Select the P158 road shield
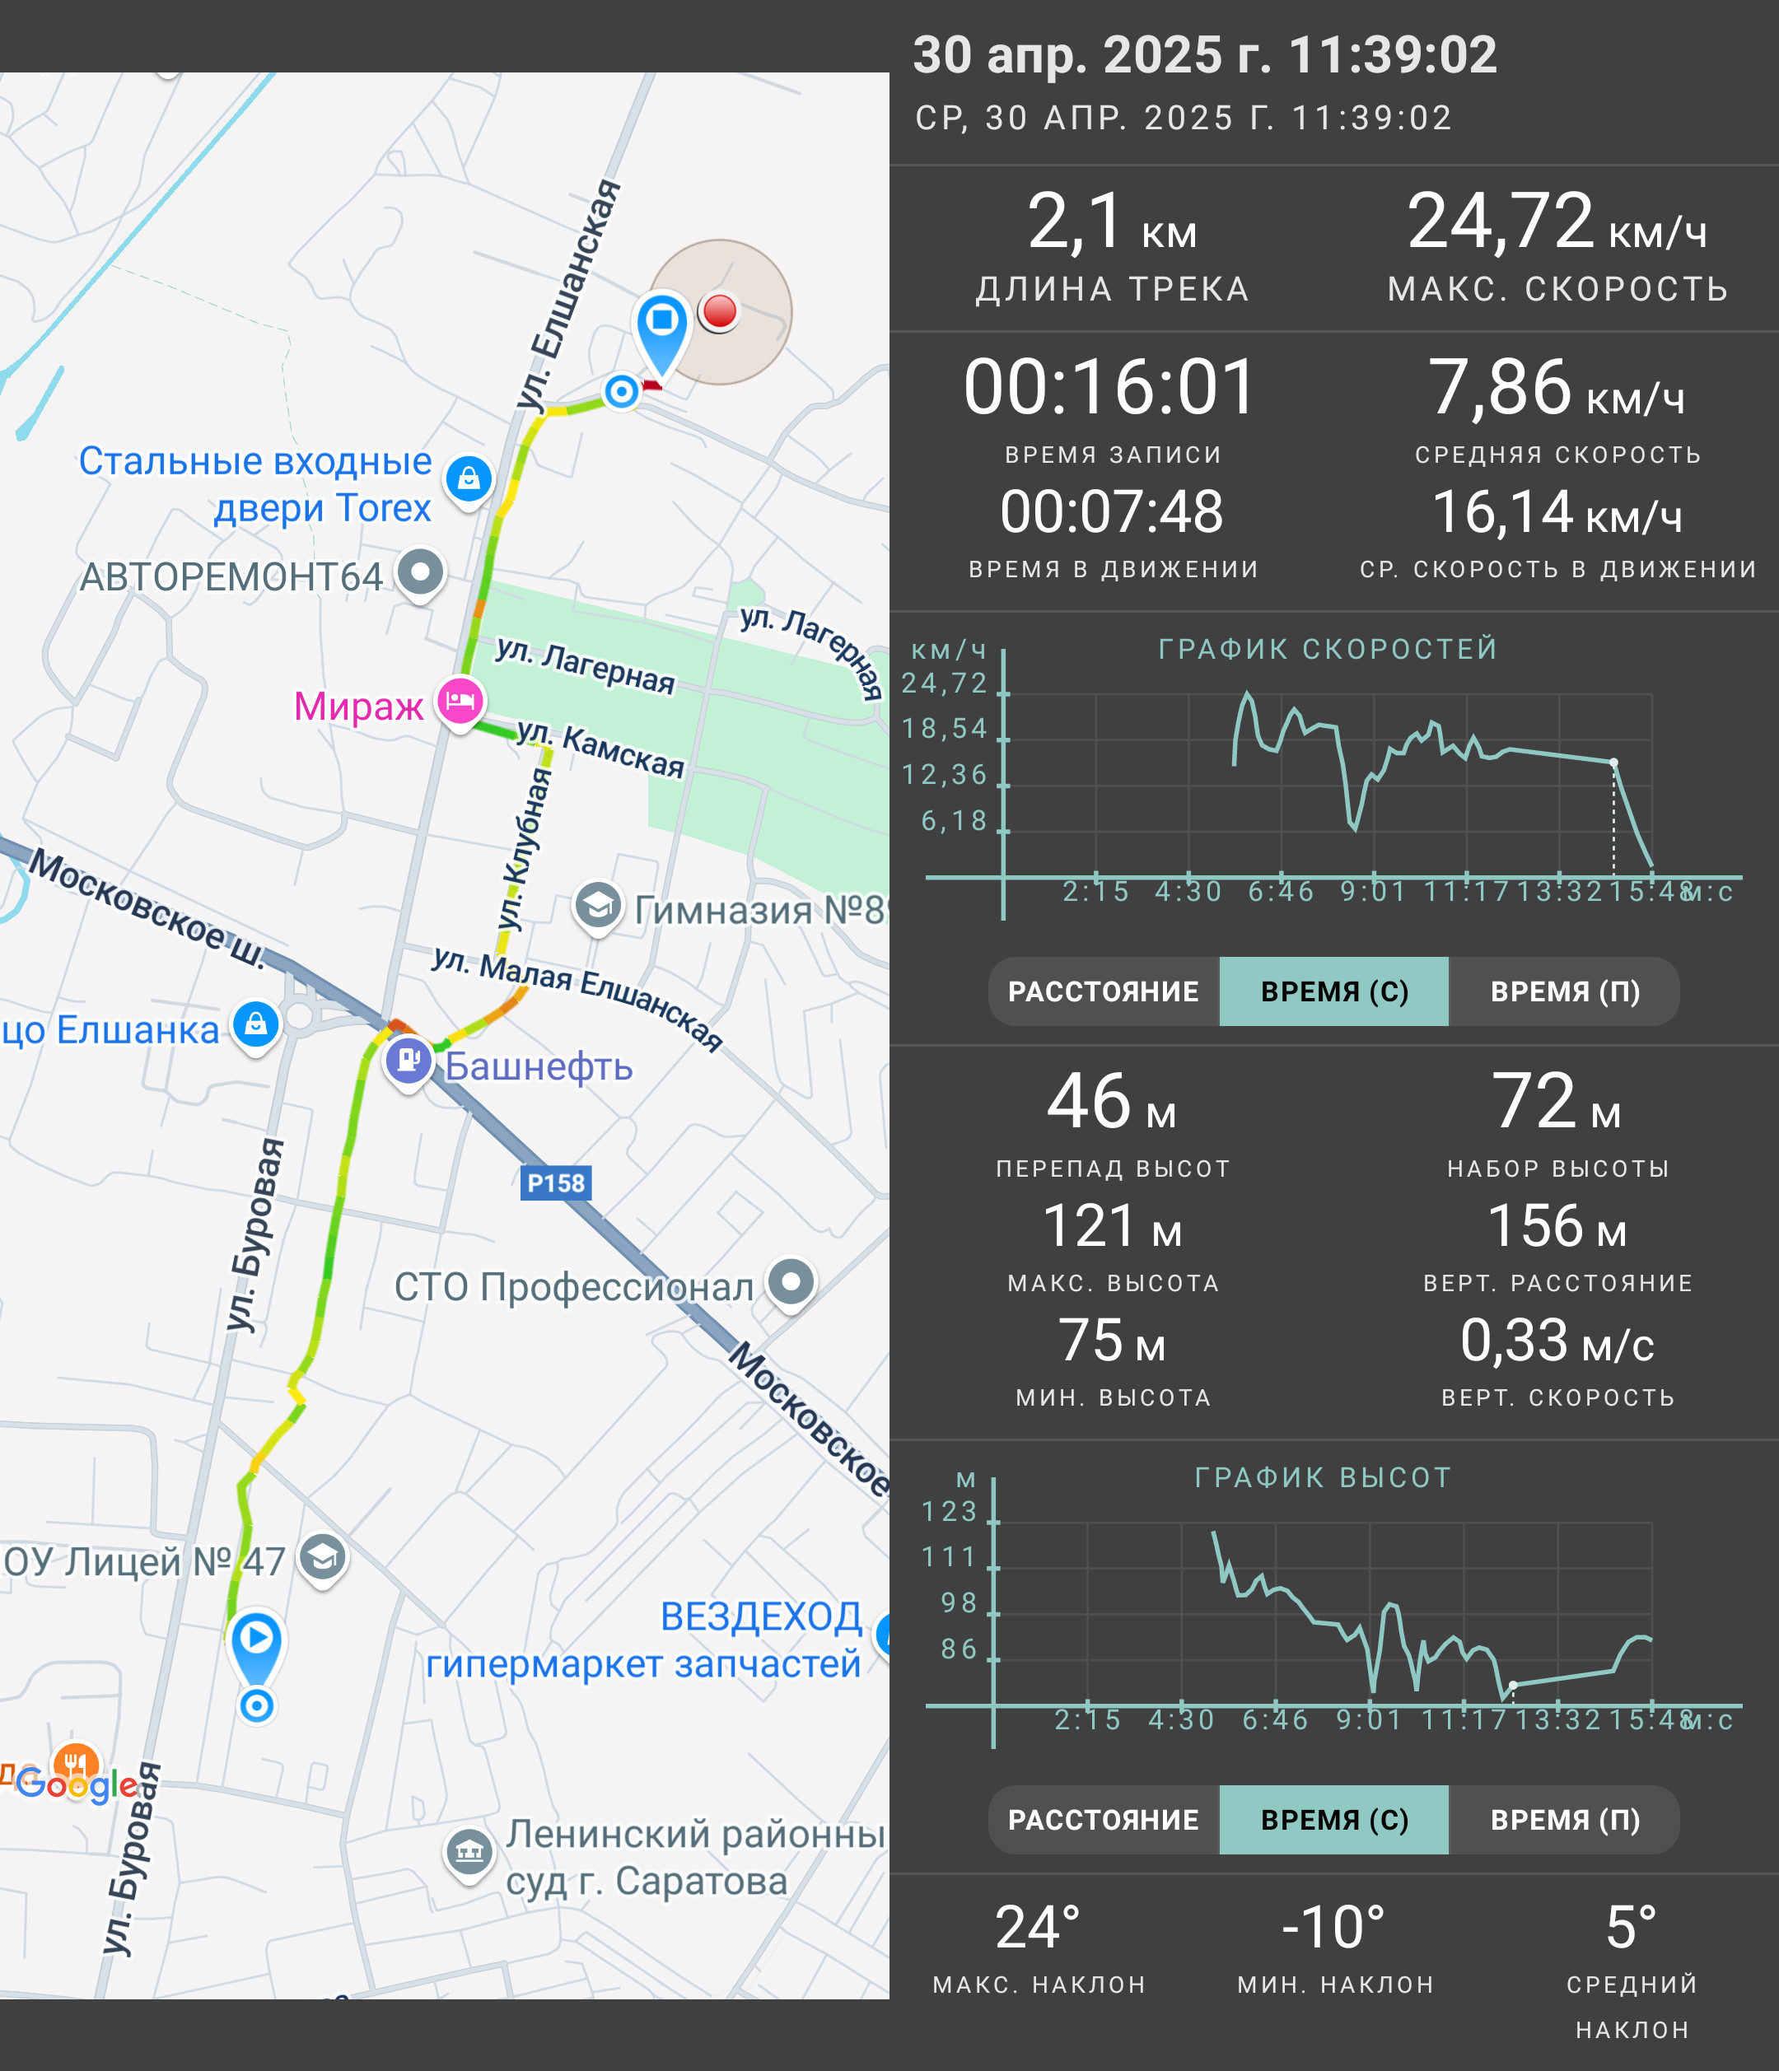pyautogui.click(x=556, y=1183)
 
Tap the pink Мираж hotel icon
pyautogui.click(x=460, y=702)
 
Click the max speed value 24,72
pyautogui.click(x=1500, y=221)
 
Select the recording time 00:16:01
pyautogui.click(x=1109, y=387)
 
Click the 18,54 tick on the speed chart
pyautogui.click(x=945, y=729)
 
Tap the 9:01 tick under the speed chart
pyautogui.click(x=1373, y=890)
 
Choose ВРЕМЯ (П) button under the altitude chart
pyautogui.click(x=1565, y=1820)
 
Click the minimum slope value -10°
pyautogui.click(x=1334, y=1927)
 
